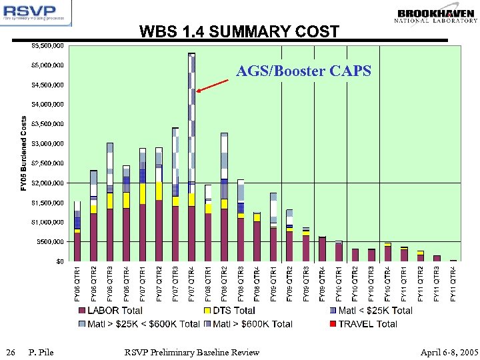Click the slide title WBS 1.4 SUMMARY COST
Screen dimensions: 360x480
(239, 31)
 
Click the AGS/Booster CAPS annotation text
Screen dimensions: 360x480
(304, 71)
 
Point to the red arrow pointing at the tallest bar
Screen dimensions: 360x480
(216, 85)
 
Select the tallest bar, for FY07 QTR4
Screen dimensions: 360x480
(192, 157)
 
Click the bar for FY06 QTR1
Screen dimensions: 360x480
(77, 231)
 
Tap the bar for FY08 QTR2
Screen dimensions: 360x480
(225, 197)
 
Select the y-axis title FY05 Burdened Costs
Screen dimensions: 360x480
(24, 153)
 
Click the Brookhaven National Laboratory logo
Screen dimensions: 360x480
(436, 15)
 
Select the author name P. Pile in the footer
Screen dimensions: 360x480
(41, 352)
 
